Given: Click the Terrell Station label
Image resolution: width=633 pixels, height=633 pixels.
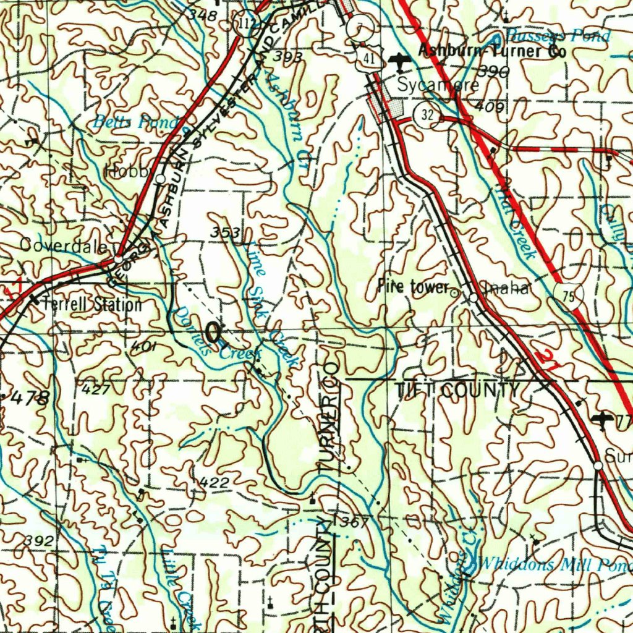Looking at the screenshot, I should tap(92, 304).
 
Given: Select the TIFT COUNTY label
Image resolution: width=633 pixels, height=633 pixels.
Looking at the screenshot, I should tap(457, 390).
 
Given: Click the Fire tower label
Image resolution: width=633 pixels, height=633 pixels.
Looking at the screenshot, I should tap(412, 287).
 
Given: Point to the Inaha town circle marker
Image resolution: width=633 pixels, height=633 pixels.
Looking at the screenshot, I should tap(473, 298).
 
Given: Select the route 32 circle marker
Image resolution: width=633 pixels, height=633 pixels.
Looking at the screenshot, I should tap(427, 115).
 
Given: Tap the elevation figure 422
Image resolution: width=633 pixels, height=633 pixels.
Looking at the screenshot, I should tap(215, 482).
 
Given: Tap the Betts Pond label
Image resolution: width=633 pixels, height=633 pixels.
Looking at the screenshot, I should tap(135, 122).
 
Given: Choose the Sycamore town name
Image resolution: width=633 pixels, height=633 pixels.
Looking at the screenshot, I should tap(437, 85).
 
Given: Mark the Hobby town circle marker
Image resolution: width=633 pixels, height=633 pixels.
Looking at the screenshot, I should tap(160, 179).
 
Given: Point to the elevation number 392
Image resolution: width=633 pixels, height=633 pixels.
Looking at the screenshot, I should tap(38, 540).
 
